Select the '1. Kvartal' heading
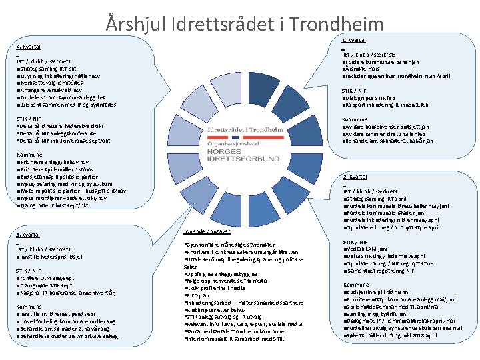click(353, 41)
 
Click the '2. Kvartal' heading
click(355, 177)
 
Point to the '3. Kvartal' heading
click(27, 235)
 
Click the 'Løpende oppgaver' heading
click(206, 231)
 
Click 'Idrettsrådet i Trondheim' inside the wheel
click(241, 129)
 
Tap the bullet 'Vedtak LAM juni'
click(369, 249)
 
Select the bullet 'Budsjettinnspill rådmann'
click(377, 292)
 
